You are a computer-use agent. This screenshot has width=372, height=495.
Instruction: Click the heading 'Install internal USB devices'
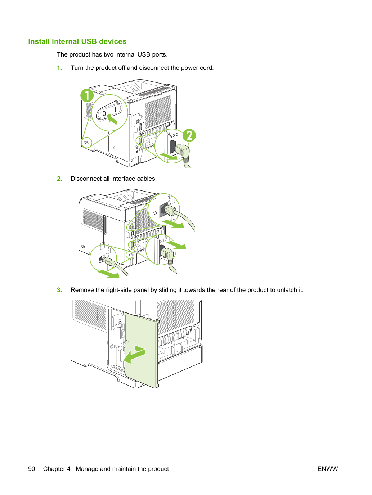pos(77,41)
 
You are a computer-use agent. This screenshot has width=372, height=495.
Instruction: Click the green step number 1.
pos(59,68)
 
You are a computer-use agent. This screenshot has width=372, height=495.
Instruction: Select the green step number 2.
pos(59,179)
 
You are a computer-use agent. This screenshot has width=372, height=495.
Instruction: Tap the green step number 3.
pos(59,290)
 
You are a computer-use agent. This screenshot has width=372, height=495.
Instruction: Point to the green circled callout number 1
pos(87,95)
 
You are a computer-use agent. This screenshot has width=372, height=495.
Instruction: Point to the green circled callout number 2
pos(189,135)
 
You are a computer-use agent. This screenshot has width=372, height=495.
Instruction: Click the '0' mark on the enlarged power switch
pos(104,113)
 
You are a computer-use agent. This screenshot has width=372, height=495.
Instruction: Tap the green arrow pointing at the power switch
pos(112,119)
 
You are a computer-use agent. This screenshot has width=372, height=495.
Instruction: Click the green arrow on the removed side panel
pos(134,355)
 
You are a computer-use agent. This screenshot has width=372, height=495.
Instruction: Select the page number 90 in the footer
pos(32,469)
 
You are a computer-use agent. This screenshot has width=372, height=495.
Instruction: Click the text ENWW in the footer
pos(328,469)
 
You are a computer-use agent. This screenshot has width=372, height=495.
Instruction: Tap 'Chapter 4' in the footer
pos(57,469)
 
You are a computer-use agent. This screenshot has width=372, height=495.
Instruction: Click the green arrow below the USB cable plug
pos(108,274)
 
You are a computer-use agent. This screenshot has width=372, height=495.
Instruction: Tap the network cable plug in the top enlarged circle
pos(170,210)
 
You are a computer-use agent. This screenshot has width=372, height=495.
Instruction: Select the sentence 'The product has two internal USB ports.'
pos(112,55)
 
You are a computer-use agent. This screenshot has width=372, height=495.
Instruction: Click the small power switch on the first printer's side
pos(86,143)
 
